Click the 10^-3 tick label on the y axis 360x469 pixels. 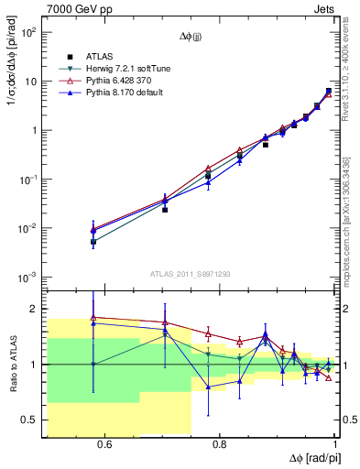27,277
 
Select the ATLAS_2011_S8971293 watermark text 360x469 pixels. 191,273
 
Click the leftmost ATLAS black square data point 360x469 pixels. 93,242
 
